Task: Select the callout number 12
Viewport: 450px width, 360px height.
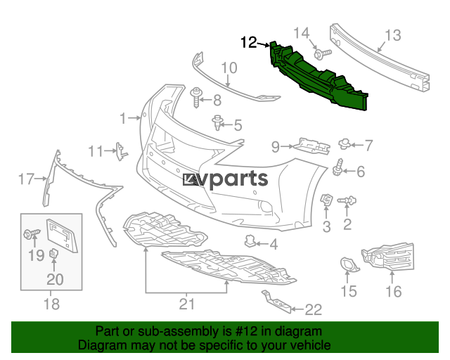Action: [x=248, y=42]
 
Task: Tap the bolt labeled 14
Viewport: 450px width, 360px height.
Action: [x=323, y=53]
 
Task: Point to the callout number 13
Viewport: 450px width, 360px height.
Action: [x=392, y=35]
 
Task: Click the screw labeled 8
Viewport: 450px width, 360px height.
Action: [x=197, y=98]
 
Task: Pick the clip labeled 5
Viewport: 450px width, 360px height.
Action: [x=218, y=122]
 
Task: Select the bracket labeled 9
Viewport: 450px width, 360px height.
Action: [x=311, y=146]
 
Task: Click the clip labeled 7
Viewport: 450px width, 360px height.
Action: [x=345, y=143]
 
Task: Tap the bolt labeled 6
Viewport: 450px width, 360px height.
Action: [x=338, y=167]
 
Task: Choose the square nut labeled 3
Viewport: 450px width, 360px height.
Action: [x=326, y=200]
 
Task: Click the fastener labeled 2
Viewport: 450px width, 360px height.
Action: [x=347, y=200]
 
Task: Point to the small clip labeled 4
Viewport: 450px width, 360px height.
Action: [x=250, y=241]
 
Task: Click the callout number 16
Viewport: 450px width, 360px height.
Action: [x=394, y=291]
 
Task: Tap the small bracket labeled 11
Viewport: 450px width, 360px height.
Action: [x=121, y=151]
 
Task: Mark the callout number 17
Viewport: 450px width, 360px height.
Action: [x=27, y=179]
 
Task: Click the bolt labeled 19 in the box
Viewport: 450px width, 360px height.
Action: [x=32, y=233]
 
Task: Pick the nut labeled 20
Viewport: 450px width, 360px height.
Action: [x=53, y=254]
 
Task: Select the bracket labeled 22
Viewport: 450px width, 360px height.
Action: [x=276, y=302]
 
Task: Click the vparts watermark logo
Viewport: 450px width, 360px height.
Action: [x=225, y=180]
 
